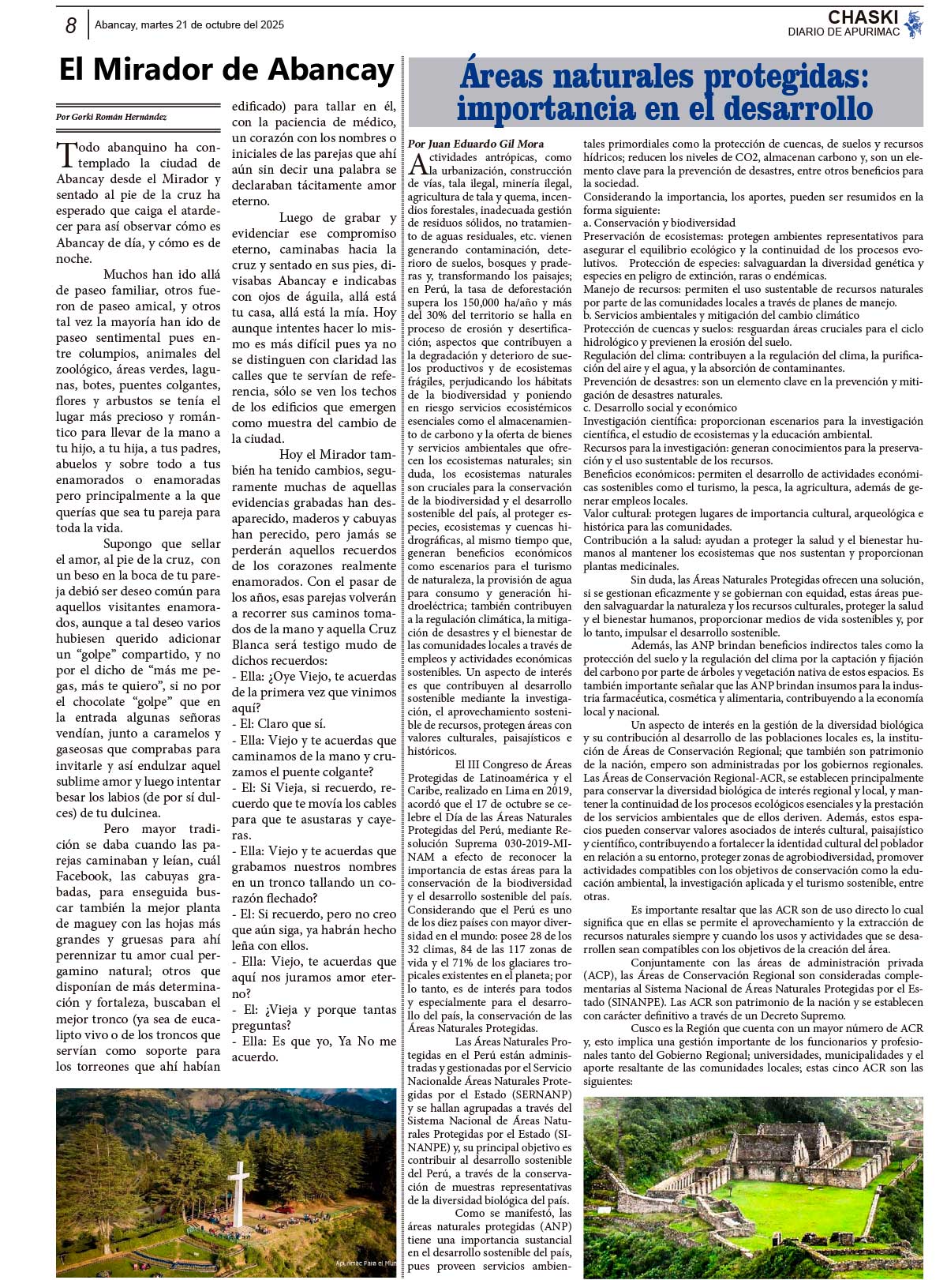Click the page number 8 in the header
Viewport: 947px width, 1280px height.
point(70,26)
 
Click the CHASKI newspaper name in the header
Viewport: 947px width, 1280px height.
point(863,17)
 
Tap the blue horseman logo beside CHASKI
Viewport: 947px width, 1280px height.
point(914,24)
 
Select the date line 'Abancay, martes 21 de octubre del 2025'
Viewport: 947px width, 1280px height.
point(189,24)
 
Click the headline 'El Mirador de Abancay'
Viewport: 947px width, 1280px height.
point(226,70)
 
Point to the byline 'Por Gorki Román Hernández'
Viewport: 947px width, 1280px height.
point(111,117)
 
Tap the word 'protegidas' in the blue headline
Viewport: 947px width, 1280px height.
point(785,77)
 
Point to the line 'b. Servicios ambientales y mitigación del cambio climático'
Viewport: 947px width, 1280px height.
point(721,316)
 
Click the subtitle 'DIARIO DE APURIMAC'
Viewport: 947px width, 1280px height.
point(843,32)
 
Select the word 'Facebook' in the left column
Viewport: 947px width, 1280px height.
point(83,876)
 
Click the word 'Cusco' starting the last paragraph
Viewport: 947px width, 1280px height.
point(646,1029)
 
